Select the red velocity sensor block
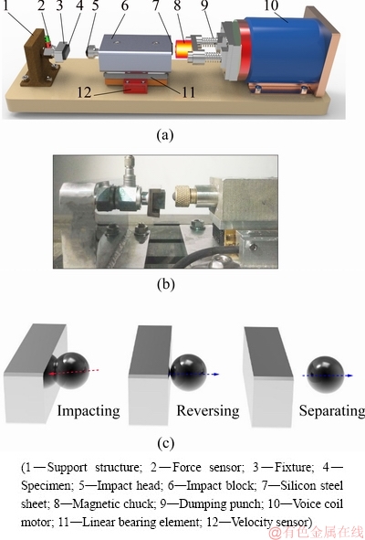134,85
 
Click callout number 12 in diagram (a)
84,92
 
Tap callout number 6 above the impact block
124,5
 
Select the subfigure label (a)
165,135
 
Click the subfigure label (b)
165,284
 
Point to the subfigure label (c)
165,443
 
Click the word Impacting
89,411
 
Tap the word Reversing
208,411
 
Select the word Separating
331,411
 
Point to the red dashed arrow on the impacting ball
73,372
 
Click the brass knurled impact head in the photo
184,196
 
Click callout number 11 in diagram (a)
188,92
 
